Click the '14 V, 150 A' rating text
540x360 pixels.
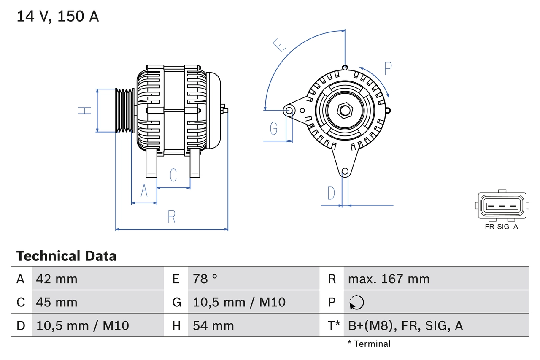pyautogui.click(x=58, y=16)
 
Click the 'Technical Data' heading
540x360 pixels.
pyautogui.click(x=66, y=256)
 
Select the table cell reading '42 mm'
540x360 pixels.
pyautogui.click(x=57, y=279)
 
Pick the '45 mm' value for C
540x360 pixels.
pyautogui.click(x=57, y=302)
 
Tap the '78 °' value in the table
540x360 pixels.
pyautogui.click(x=205, y=279)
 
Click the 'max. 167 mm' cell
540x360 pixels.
pyautogui.click(x=389, y=279)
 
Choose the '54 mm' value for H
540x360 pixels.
pyautogui.click(x=213, y=325)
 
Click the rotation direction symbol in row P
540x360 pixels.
pyautogui.click(x=357, y=302)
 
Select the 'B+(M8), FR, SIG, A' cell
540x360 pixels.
pyautogui.click(x=405, y=325)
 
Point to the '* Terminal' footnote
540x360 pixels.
pyautogui.click(x=369, y=344)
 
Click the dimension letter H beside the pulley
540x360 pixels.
pyautogui.click(x=85, y=111)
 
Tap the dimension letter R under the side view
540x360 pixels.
pyautogui.click(x=171, y=217)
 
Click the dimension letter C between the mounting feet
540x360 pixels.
pyautogui.click(x=173, y=175)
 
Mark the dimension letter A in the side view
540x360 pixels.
pyautogui.click(x=144, y=191)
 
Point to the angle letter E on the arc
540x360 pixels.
pyautogui.click(x=280, y=45)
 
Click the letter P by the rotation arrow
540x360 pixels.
pyautogui.click(x=388, y=68)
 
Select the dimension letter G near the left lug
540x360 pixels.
pyautogui.click(x=274, y=128)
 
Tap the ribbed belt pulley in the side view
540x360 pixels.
pyautogui.click(x=125, y=111)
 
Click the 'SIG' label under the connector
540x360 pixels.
pyautogui.click(x=503, y=227)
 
